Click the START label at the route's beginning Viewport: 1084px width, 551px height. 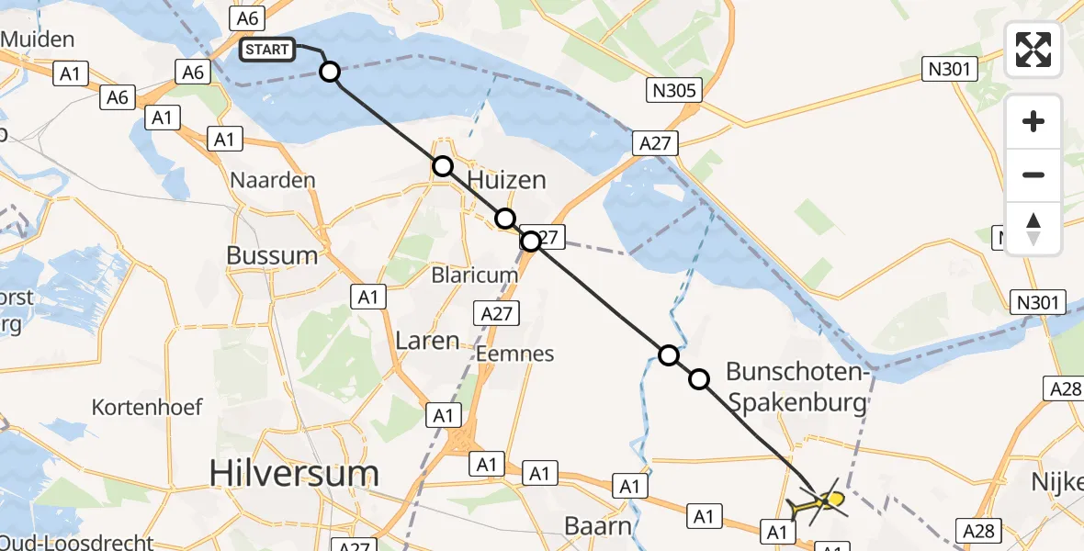coord(267,50)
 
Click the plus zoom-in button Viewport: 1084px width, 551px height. coord(1033,121)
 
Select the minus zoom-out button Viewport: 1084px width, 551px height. coord(1033,174)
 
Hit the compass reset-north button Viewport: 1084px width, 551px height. coord(1033,229)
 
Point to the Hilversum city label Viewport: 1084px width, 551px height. coord(293,474)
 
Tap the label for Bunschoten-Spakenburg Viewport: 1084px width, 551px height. coord(796,387)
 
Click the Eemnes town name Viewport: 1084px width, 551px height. coord(515,354)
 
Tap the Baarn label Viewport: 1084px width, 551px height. coord(598,527)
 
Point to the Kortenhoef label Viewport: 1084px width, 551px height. coord(147,407)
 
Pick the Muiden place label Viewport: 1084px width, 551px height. coord(38,39)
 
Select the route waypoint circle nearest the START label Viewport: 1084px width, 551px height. coord(329,72)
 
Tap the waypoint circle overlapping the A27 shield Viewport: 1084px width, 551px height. coord(530,242)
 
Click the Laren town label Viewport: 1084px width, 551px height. coord(427,341)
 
